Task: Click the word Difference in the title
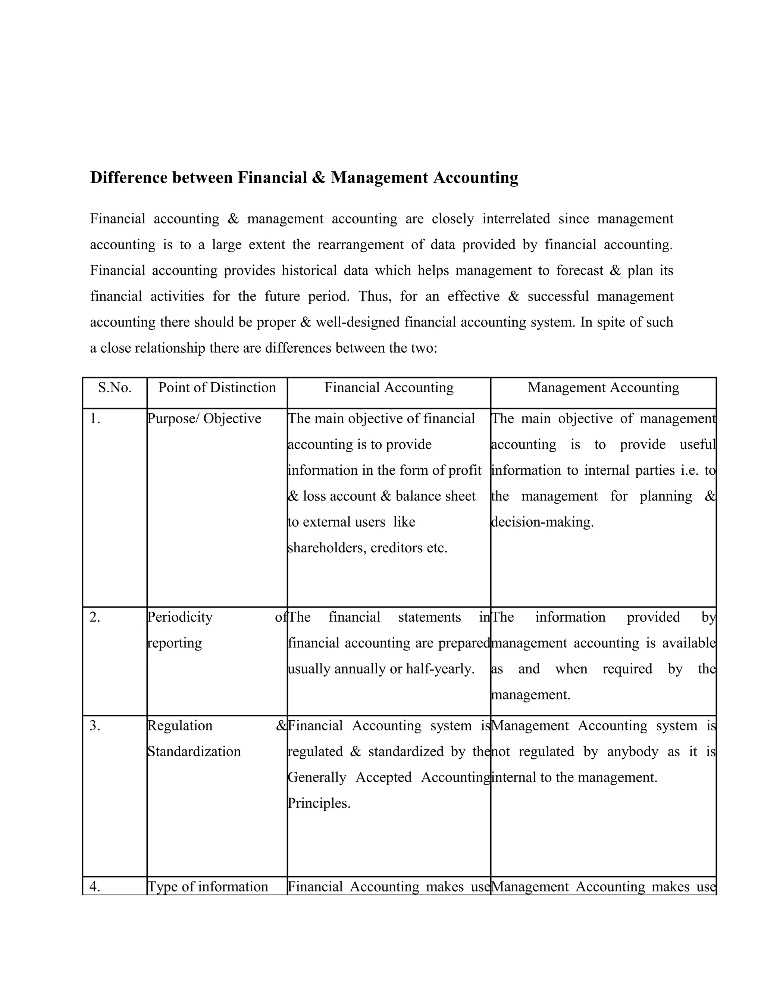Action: tap(129, 178)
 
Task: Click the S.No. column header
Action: tap(115, 388)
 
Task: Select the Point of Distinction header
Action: tap(217, 388)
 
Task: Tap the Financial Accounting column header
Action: tap(389, 388)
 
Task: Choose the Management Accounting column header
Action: tap(603, 388)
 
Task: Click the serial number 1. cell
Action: tap(95, 419)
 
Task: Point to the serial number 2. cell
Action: tap(95, 617)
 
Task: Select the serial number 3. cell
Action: tap(95, 726)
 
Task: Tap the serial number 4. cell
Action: tap(95, 887)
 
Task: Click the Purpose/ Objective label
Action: tap(204, 419)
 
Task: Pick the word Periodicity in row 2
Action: tap(180, 617)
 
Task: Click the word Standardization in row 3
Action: tap(194, 752)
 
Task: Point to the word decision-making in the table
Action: tap(542, 522)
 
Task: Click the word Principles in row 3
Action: tap(319, 804)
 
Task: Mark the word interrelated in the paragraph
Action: tap(516, 219)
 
